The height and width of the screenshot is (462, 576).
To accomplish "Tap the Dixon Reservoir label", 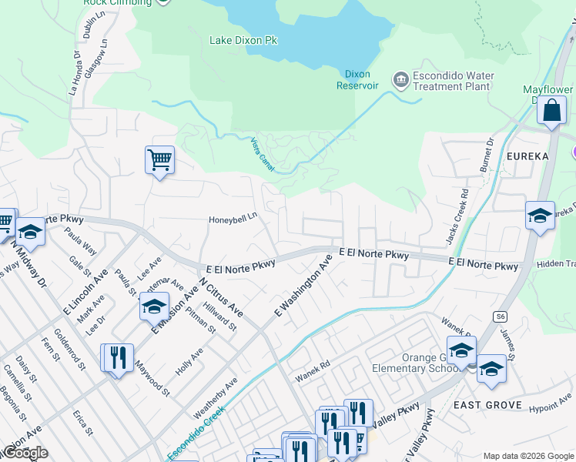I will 357,80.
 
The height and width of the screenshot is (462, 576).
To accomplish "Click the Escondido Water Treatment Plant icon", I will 400,80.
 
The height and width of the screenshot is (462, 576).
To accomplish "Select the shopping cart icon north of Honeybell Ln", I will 159,160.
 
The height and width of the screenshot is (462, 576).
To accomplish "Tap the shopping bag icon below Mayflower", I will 552,111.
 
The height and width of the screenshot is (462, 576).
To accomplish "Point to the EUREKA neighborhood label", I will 527,156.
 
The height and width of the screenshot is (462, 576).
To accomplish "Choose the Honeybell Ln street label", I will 233,219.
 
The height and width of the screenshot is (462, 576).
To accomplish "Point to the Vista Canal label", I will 263,155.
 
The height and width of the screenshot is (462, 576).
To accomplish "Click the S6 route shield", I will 500,316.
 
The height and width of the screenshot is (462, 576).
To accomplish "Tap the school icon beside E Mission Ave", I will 154,306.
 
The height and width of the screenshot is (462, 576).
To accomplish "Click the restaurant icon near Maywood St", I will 116,358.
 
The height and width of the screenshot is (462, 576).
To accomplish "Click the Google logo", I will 25,453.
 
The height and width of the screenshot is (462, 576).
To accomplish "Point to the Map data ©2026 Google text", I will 527,455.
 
